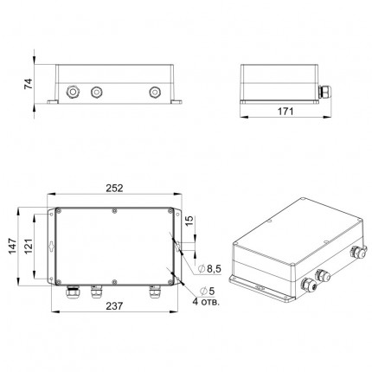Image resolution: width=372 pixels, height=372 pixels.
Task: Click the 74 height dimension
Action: [x=29, y=84]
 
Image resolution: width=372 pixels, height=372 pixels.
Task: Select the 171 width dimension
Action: [x=285, y=112]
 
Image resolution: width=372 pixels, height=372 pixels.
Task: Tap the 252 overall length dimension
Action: [x=114, y=188]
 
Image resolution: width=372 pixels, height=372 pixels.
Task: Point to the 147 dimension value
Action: [x=12, y=246]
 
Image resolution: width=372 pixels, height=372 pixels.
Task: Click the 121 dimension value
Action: [x=29, y=246]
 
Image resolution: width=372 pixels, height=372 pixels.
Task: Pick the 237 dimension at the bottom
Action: [x=114, y=305]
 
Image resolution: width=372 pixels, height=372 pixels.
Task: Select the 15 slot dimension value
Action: [x=189, y=221]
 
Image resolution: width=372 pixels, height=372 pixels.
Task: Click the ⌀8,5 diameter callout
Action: [x=210, y=269]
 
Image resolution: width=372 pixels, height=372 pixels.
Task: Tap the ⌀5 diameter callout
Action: [x=207, y=291]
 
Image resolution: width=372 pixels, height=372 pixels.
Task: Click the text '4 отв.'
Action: [x=206, y=302]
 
